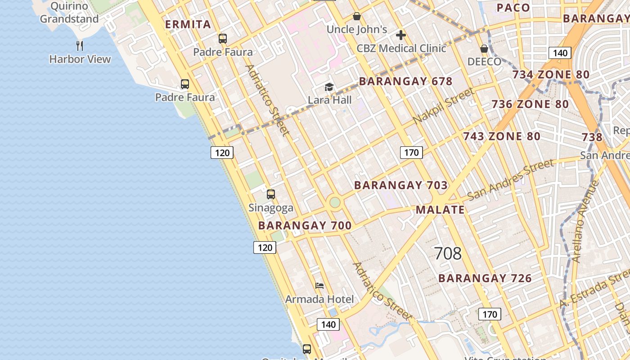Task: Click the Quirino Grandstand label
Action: [69, 13]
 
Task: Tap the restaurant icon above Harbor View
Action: [80, 45]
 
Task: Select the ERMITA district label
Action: [188, 24]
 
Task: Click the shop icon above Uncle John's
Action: [357, 16]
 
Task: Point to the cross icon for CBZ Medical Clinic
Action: [401, 35]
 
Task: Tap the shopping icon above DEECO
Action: [484, 48]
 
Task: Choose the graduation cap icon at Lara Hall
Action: [329, 87]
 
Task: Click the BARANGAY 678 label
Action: [405, 81]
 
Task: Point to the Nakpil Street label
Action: [443, 106]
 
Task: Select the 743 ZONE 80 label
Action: [502, 136]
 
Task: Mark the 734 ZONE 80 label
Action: [551, 75]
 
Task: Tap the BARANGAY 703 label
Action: [400, 185]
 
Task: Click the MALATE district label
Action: [440, 210]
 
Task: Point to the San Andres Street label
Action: [511, 180]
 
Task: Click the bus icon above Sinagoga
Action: [271, 194]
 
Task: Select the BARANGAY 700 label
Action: [305, 225]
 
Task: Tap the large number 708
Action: [448, 254]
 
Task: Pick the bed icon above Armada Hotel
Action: [319, 286]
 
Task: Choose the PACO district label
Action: [513, 8]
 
